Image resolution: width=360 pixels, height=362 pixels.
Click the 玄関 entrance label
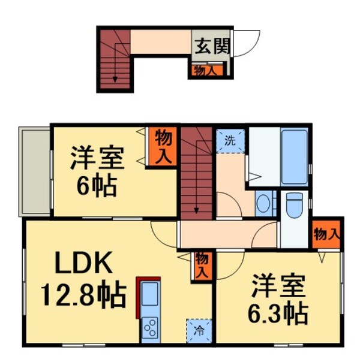(211, 46)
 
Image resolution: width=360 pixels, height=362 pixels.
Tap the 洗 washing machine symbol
(230, 141)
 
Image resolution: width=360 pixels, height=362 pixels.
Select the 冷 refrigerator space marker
(198, 330)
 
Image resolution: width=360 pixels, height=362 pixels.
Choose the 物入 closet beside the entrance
(208, 70)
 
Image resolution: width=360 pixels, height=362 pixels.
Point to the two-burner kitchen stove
(150, 328)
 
